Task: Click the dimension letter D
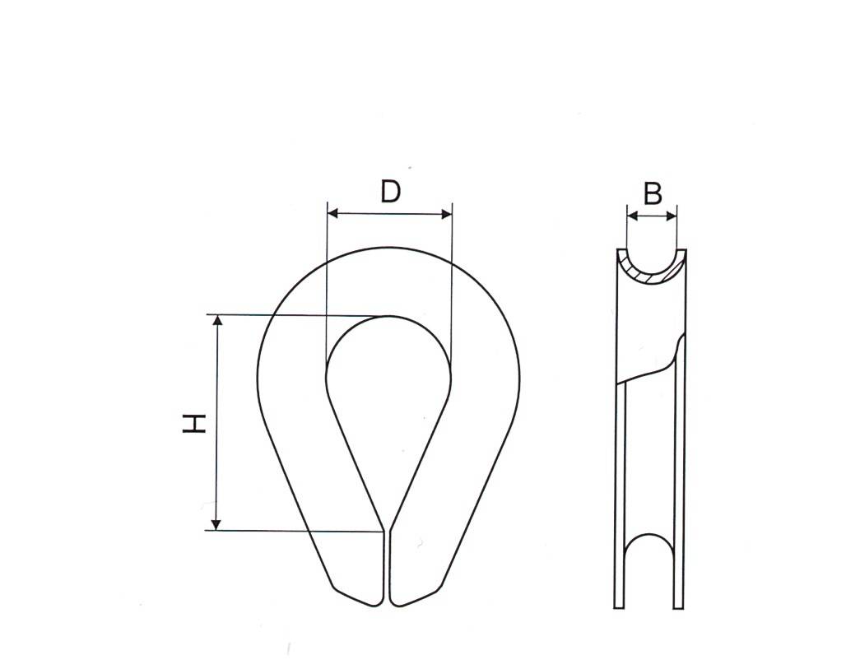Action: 390,191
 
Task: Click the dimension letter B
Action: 653,194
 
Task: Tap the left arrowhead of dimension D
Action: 332,214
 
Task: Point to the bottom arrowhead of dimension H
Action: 217,524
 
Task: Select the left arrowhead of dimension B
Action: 632,216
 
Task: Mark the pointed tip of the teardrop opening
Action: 387,527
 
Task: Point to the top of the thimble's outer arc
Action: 388,247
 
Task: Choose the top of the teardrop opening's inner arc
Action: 388,316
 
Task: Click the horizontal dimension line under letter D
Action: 389,214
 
